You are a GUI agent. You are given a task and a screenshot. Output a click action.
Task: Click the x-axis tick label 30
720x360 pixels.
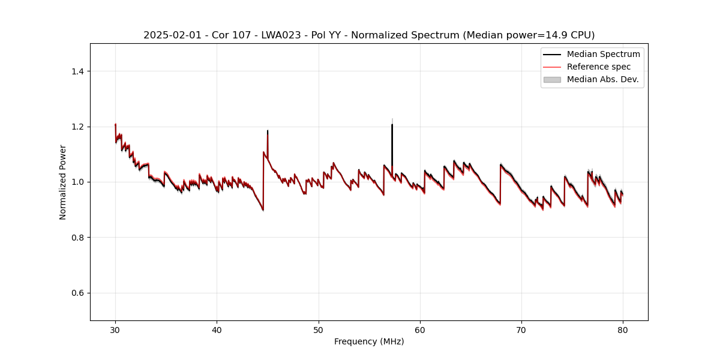[115, 329]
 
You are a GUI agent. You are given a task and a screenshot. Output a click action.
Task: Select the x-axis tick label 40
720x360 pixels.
[217, 329]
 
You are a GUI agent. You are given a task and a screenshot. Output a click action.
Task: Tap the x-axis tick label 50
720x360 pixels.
[319, 329]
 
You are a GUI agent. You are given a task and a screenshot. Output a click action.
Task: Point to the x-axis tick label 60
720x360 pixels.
[420, 329]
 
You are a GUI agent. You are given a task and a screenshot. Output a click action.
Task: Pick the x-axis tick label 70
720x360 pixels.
[521, 329]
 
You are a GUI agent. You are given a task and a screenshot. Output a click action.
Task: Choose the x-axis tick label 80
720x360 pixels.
[623, 329]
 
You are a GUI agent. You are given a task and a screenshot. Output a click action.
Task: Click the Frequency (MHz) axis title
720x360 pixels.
[369, 341]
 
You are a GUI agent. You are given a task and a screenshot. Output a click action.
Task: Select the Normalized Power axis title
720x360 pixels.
[63, 182]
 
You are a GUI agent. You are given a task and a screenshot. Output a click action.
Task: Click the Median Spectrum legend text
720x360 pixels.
[603, 54]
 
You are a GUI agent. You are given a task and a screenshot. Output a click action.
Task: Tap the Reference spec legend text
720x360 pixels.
[598, 67]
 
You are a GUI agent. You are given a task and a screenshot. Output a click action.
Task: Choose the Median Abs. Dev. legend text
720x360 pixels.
[602, 79]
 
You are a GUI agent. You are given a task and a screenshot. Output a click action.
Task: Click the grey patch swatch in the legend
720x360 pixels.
[552, 79]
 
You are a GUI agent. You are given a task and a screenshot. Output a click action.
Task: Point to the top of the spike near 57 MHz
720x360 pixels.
[392, 123]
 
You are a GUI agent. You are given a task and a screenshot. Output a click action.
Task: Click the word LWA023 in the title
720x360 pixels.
[284, 35]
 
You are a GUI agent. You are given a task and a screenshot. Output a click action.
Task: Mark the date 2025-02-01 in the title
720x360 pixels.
[168, 35]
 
